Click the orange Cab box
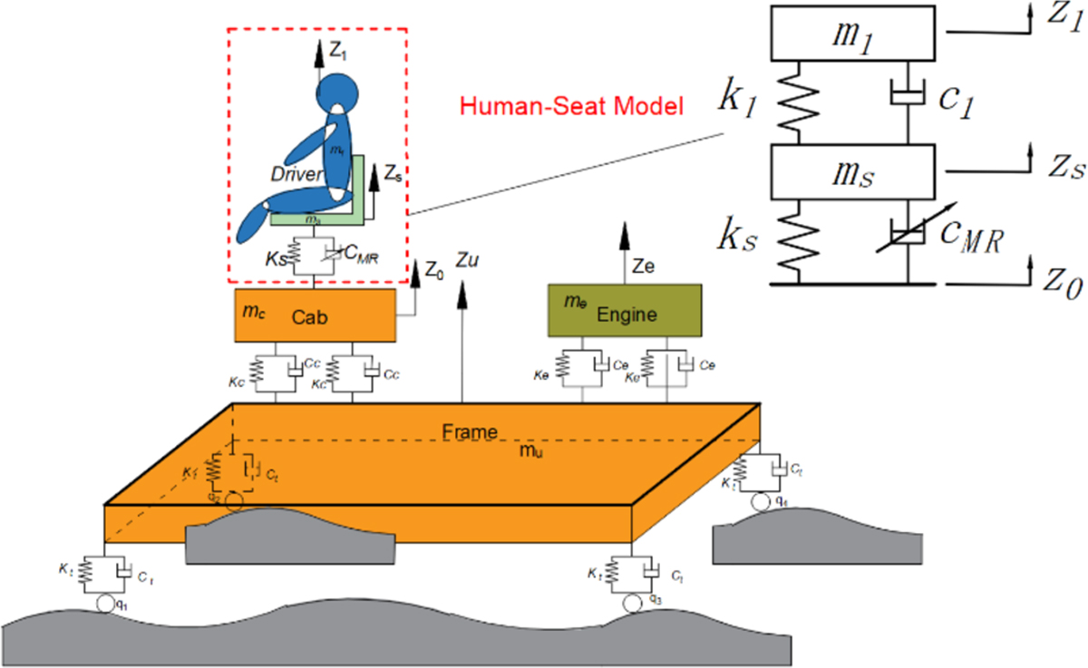[314, 315]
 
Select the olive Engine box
[624, 310]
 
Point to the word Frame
[469, 431]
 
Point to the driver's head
[337, 94]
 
